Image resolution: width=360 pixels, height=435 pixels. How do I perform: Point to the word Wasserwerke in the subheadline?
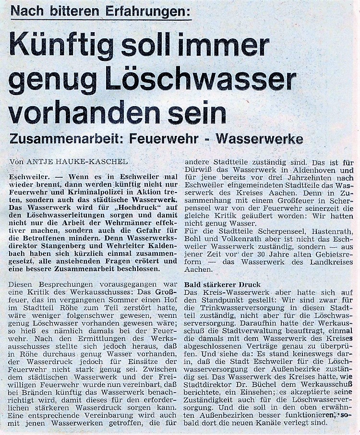click(x=260, y=139)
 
